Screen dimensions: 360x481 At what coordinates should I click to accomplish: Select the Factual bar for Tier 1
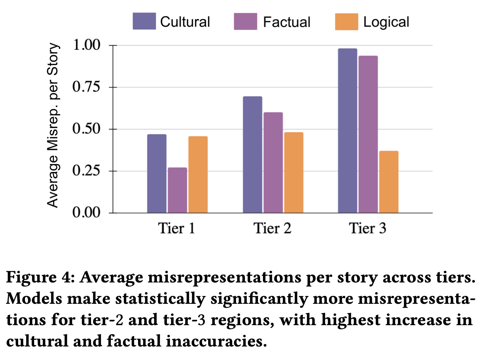177,190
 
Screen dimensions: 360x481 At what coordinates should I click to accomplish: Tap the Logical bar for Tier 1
198,175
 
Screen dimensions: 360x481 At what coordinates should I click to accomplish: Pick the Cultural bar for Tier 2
252,155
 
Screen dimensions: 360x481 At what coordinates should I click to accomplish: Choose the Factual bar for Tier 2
273,163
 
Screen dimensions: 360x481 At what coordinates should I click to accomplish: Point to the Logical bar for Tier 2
294,173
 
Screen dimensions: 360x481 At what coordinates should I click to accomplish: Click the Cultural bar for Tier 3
347,131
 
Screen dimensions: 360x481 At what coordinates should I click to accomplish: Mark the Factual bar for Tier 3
368,134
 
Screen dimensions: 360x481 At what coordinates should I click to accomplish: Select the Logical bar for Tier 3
388,182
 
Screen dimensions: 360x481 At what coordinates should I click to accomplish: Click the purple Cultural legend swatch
144,21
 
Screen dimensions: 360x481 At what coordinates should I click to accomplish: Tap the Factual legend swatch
245,21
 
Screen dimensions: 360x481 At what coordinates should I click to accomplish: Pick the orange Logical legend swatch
346,21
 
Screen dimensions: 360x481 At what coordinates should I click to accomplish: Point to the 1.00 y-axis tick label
86,45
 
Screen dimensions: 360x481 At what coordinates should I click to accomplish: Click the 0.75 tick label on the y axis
86,87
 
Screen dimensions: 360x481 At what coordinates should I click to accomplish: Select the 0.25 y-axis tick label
86,171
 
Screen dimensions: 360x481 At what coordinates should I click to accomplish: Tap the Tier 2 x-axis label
272,228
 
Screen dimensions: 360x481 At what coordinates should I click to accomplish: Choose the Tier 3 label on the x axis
368,228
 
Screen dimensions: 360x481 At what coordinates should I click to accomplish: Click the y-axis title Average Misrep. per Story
53,125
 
